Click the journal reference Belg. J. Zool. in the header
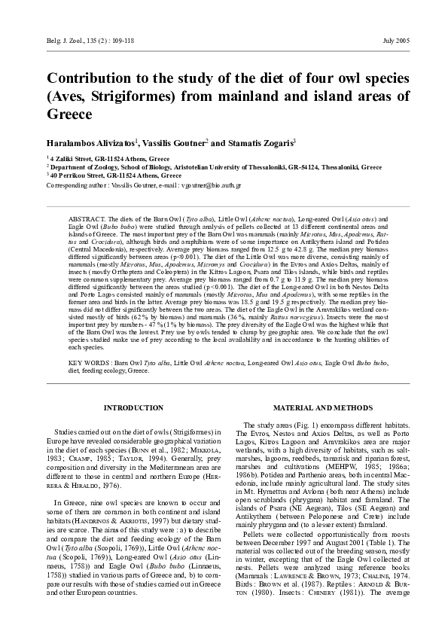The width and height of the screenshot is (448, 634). pyautogui.click(x=62, y=39)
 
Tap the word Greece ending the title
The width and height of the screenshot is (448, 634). pyautogui.click(x=69, y=115)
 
